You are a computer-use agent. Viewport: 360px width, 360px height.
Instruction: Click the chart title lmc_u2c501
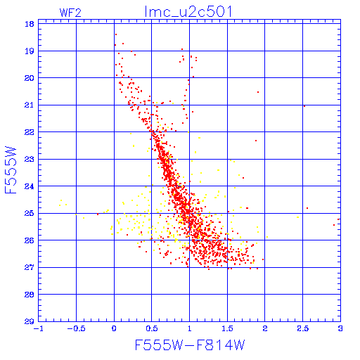click(188, 11)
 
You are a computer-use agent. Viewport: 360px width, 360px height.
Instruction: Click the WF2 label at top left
click(70, 13)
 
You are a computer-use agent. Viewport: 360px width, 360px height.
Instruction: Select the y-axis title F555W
click(11, 170)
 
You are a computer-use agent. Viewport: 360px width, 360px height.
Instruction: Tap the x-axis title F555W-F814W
click(190, 345)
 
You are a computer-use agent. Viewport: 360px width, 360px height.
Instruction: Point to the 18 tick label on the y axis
click(30, 24)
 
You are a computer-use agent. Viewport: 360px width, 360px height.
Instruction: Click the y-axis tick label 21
click(30, 105)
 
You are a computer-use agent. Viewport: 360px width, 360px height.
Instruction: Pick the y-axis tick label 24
click(30, 186)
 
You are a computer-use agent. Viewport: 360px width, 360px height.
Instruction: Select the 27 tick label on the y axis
click(30, 267)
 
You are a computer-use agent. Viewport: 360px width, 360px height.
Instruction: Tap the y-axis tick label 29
click(30, 321)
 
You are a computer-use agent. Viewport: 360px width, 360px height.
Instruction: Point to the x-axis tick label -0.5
click(76, 328)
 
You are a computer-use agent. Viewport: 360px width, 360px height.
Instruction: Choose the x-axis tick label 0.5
click(152, 328)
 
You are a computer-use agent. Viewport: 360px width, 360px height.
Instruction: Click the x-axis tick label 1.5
click(227, 328)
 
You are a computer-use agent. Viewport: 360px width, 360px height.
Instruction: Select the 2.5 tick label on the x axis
click(302, 328)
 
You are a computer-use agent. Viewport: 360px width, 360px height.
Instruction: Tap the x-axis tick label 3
click(340, 328)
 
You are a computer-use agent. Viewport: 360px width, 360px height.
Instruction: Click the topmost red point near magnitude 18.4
click(116, 34)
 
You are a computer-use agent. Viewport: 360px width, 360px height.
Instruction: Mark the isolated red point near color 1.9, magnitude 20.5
click(258, 92)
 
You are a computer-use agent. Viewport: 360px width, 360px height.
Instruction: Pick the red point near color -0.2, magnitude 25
click(98, 214)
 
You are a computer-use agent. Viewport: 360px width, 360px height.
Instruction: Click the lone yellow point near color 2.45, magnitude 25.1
click(298, 217)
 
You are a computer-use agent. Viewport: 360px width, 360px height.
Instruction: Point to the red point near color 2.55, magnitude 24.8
click(307, 208)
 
